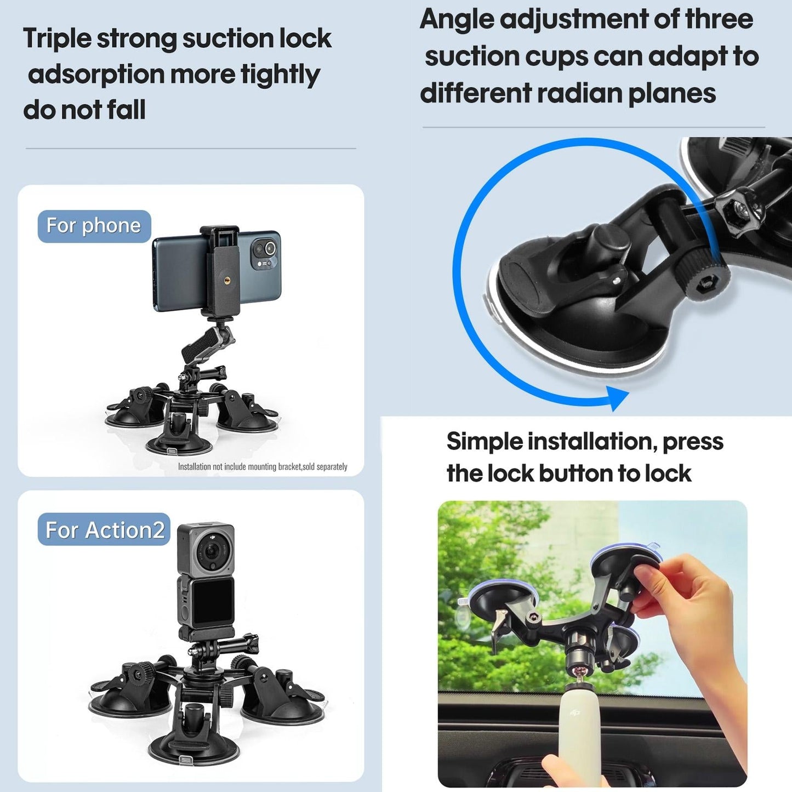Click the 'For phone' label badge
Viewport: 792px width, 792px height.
(94, 226)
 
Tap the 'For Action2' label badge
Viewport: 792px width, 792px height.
(104, 530)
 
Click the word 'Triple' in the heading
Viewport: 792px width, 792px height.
(57, 38)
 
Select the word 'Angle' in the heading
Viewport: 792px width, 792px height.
(456, 19)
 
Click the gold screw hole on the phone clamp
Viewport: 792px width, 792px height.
(226, 281)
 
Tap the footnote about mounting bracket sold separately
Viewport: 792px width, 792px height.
(263, 466)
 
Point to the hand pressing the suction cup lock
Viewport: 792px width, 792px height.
(685, 597)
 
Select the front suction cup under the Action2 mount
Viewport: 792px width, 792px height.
(195, 745)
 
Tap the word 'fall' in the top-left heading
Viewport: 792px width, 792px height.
(126, 110)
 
